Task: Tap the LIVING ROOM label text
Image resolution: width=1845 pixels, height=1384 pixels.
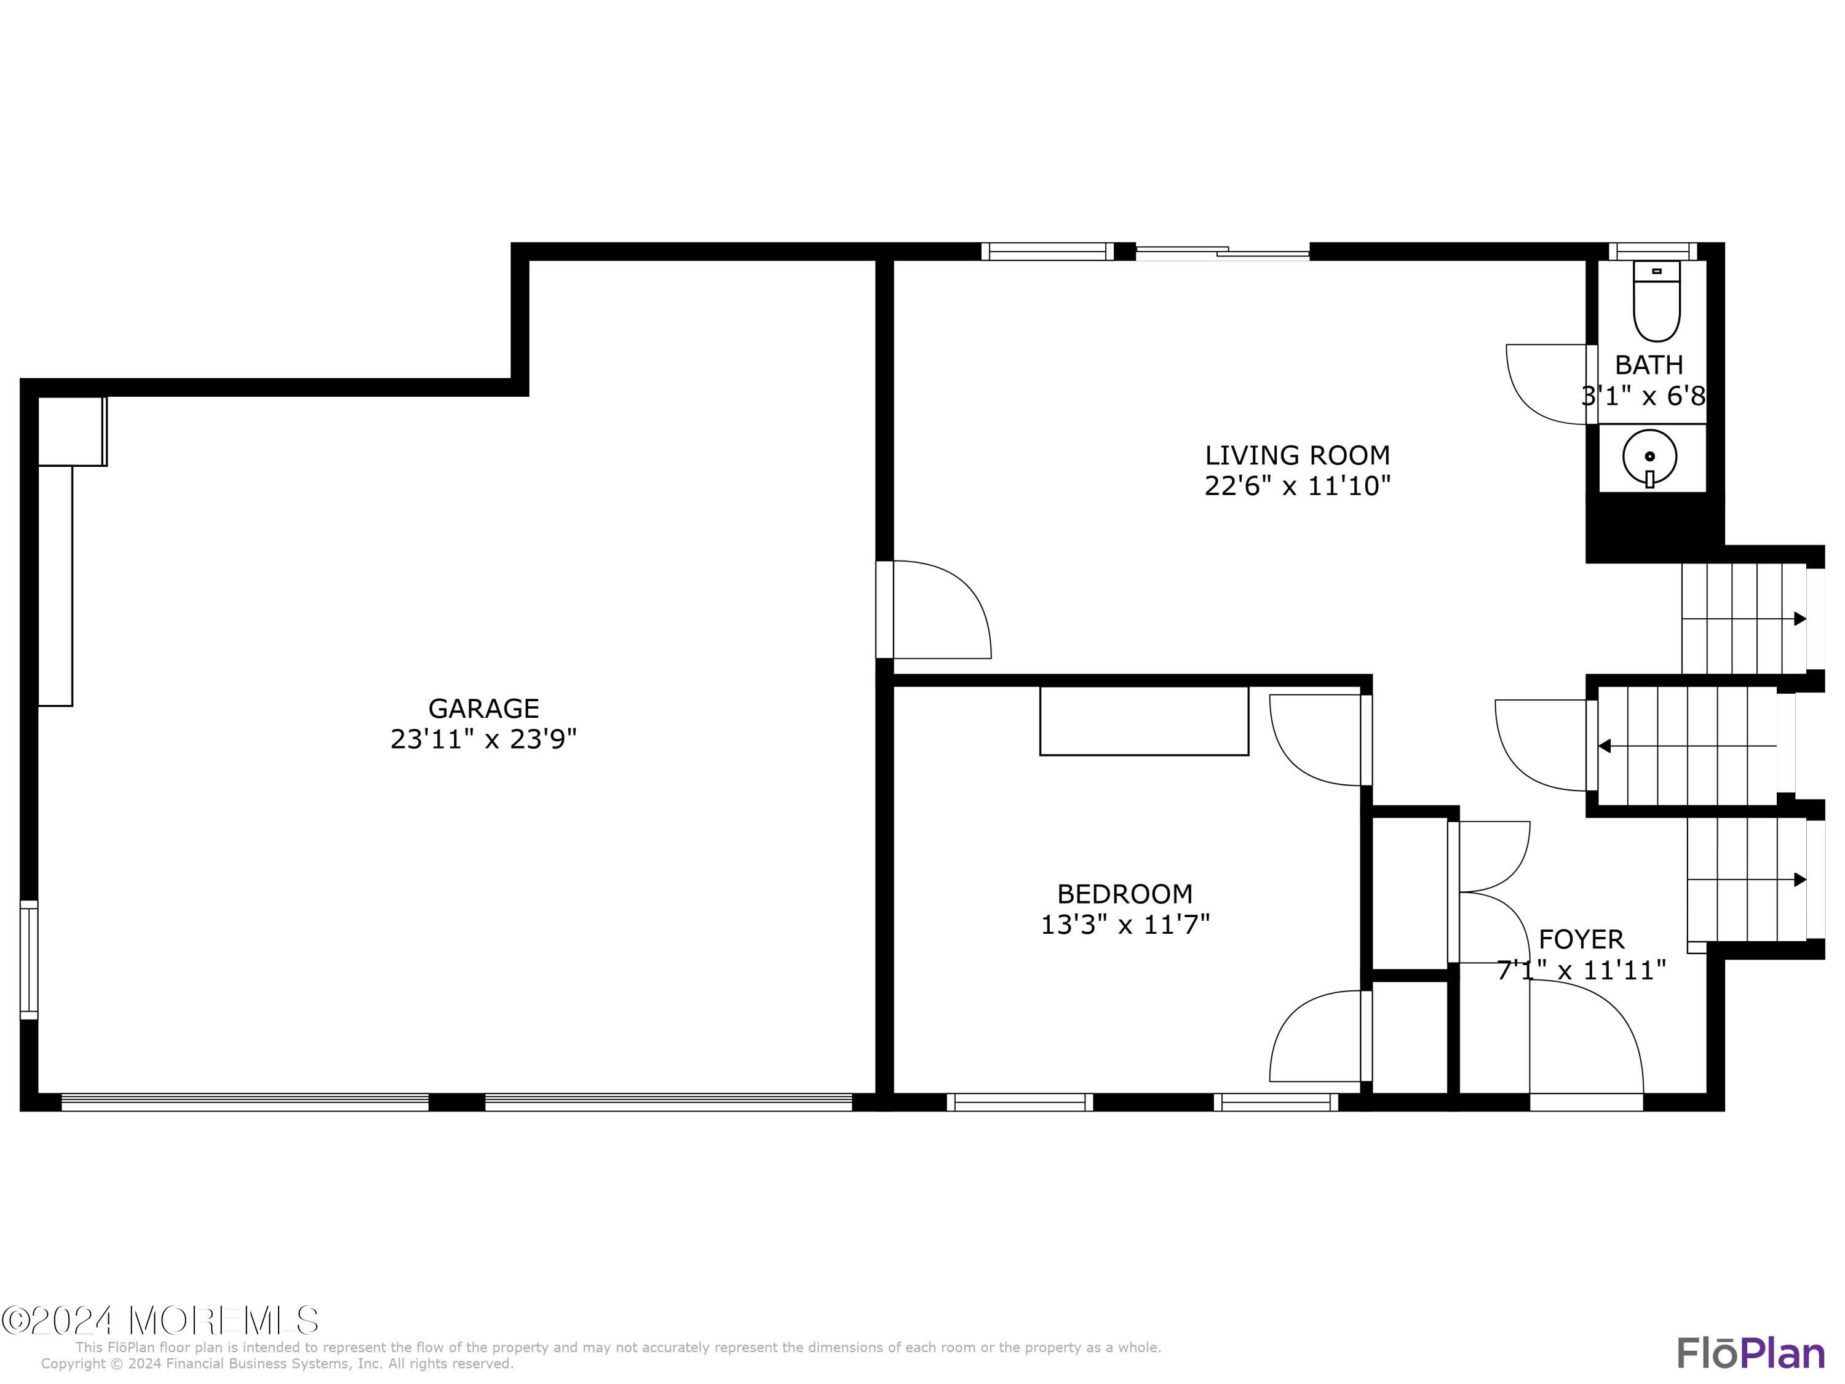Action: click(x=1297, y=456)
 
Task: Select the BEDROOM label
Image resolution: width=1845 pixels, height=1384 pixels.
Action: click(x=1124, y=894)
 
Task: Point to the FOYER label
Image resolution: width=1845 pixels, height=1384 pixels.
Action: click(x=1581, y=939)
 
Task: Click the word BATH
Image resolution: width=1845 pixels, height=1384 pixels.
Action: click(x=1648, y=365)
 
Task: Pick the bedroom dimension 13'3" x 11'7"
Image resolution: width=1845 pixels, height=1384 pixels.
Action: click(x=1124, y=925)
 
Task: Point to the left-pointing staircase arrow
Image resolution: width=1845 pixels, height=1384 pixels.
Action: click(x=1604, y=746)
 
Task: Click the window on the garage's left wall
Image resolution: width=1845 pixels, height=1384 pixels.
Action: click(x=29, y=960)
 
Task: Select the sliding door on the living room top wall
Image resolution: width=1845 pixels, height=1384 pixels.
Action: click(x=1222, y=251)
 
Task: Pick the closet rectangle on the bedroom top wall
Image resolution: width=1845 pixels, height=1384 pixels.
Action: click(x=1143, y=721)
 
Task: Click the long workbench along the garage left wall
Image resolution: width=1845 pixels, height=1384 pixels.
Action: click(x=56, y=585)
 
